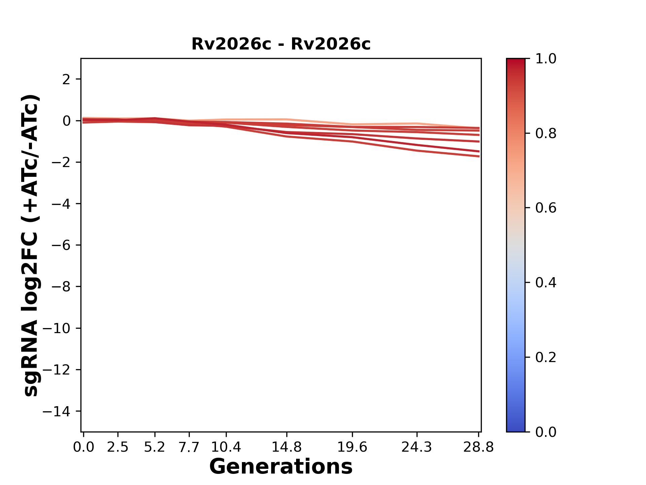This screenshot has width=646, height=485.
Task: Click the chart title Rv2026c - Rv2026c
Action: (x=281, y=44)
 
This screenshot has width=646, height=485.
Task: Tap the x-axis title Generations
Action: (x=281, y=467)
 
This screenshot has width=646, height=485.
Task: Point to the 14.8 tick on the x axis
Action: (x=286, y=447)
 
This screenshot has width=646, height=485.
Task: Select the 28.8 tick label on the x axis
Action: (x=478, y=447)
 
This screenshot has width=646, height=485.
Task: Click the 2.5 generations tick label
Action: (x=118, y=447)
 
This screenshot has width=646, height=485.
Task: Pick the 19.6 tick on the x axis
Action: (x=352, y=447)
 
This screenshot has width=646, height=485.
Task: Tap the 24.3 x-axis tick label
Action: (x=417, y=447)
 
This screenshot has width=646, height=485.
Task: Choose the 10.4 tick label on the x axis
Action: (x=226, y=447)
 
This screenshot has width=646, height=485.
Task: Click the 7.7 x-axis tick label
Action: (x=189, y=447)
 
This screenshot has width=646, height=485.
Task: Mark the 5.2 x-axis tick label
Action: (x=154, y=447)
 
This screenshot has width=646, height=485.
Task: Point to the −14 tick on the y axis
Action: (x=61, y=411)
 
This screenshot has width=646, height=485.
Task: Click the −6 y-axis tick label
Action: (x=61, y=245)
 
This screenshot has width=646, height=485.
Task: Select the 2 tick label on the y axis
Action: (x=66, y=79)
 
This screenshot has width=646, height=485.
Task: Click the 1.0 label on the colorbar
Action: (x=546, y=59)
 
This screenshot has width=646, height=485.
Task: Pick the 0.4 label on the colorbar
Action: (x=546, y=283)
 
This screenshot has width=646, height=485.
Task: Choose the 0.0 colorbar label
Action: (x=546, y=432)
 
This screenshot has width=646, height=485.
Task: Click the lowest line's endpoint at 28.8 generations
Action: (x=479, y=156)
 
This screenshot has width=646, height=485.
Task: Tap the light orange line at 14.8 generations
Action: (x=286, y=120)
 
